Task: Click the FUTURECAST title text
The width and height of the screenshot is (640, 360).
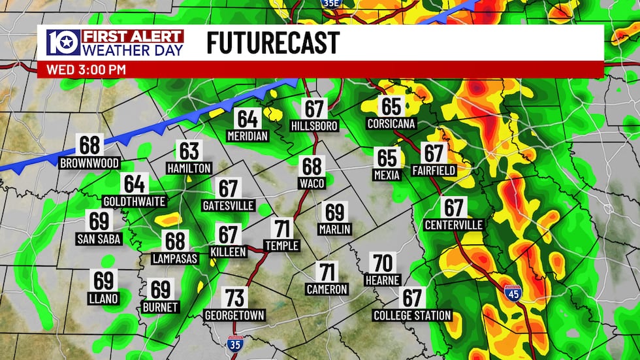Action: click(x=273, y=43)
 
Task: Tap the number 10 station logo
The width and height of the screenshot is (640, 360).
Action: click(x=63, y=43)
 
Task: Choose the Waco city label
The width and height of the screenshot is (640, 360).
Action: click(x=312, y=184)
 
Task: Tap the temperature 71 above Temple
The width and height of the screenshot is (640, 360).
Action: click(x=282, y=229)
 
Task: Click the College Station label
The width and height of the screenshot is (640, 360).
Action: click(x=412, y=316)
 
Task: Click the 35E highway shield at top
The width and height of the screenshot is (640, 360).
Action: click(x=332, y=4)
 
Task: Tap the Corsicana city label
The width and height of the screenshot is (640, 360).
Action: click(x=392, y=123)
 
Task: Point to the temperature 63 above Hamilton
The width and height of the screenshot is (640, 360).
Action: click(x=189, y=152)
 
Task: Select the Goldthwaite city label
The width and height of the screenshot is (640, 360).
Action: click(x=135, y=201)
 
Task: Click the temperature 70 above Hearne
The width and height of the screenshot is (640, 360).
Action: click(x=383, y=263)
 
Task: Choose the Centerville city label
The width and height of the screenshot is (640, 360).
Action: click(x=454, y=225)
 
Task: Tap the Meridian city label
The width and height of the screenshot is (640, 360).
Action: click(x=248, y=137)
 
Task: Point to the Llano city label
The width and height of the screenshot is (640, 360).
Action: click(x=104, y=299)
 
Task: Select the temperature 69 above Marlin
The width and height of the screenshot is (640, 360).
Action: click(x=335, y=212)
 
